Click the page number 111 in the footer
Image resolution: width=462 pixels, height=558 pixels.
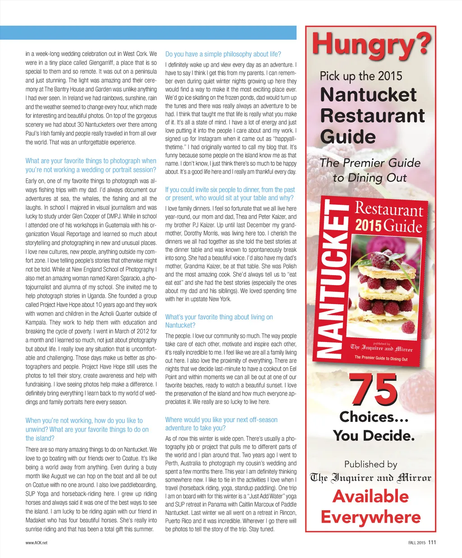pyautogui.click(x=432, y=543)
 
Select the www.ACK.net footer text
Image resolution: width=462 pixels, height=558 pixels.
pyautogui.click(x=36, y=543)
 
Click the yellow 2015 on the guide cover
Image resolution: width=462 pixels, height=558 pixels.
pyautogui.click(x=368, y=225)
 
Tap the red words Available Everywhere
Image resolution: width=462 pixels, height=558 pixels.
pyautogui.click(x=370, y=507)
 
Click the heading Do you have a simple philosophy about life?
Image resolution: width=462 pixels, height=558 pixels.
pyautogui.click(x=223, y=54)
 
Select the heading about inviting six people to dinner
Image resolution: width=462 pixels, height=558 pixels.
pyautogui.click(x=230, y=194)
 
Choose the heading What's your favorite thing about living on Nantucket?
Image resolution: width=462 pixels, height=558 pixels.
pyautogui.click(x=219, y=321)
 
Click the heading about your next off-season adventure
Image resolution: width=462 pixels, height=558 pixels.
pyautogui.click(x=221, y=424)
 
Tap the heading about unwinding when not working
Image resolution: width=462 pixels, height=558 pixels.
pyautogui.click(x=87, y=429)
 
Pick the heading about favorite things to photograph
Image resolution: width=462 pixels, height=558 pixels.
pyautogui.click(x=91, y=165)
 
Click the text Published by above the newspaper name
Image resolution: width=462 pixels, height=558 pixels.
pyautogui.click(x=370, y=464)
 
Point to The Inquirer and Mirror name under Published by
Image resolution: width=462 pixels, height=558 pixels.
pyautogui.click(x=370, y=478)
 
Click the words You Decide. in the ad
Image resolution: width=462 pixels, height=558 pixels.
pyautogui.click(x=374, y=436)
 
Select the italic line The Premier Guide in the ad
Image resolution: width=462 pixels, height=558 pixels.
pyautogui.click(x=370, y=163)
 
